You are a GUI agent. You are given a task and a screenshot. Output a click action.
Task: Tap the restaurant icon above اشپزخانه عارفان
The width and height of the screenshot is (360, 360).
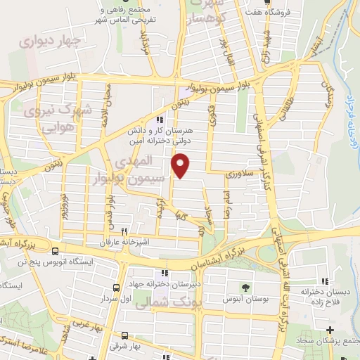(x=124, y=231)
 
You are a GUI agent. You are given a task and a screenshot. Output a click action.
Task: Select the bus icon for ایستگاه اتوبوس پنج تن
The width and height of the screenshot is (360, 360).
(x=56, y=250)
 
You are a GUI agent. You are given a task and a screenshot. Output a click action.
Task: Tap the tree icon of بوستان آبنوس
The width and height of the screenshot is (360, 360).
(x=245, y=287)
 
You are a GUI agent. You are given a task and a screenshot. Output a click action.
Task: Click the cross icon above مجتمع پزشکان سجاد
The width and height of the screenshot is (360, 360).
(x=330, y=330)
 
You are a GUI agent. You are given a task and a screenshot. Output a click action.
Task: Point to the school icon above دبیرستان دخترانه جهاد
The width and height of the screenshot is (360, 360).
(x=164, y=273)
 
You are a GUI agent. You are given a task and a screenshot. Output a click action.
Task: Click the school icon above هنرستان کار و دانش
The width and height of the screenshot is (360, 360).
(x=161, y=119)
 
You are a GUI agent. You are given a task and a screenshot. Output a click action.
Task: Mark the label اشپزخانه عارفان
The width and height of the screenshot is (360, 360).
(x=124, y=242)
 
